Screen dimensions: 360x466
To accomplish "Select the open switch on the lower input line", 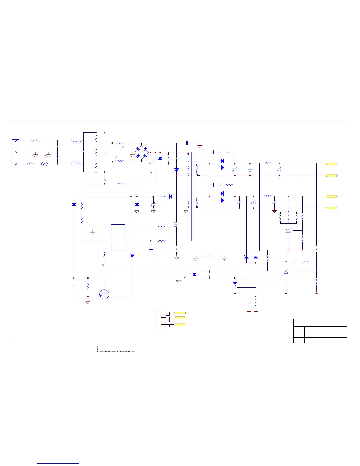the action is [31, 164].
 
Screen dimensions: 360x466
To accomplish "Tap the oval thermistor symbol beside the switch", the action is [45, 164].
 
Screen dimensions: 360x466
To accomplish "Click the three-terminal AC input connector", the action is [16, 152].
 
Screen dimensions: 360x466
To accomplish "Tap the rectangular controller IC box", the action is [118, 237].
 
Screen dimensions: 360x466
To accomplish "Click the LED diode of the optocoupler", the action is [194, 274].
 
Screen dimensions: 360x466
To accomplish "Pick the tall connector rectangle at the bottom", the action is [159, 320].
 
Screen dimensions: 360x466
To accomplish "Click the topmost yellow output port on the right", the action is [331, 164].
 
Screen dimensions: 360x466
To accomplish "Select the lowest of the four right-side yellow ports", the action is [331, 208].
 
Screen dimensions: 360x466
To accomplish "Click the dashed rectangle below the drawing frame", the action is [116, 349].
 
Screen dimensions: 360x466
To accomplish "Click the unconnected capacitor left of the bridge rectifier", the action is [104, 152].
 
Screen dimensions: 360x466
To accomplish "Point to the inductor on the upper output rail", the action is [269, 163].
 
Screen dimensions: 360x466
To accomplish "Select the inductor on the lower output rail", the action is [268, 196].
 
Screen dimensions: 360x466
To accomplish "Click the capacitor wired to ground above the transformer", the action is [187, 143].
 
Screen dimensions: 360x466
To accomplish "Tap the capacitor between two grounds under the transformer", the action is [211, 256].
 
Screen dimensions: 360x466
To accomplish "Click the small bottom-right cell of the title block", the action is [340, 340].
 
